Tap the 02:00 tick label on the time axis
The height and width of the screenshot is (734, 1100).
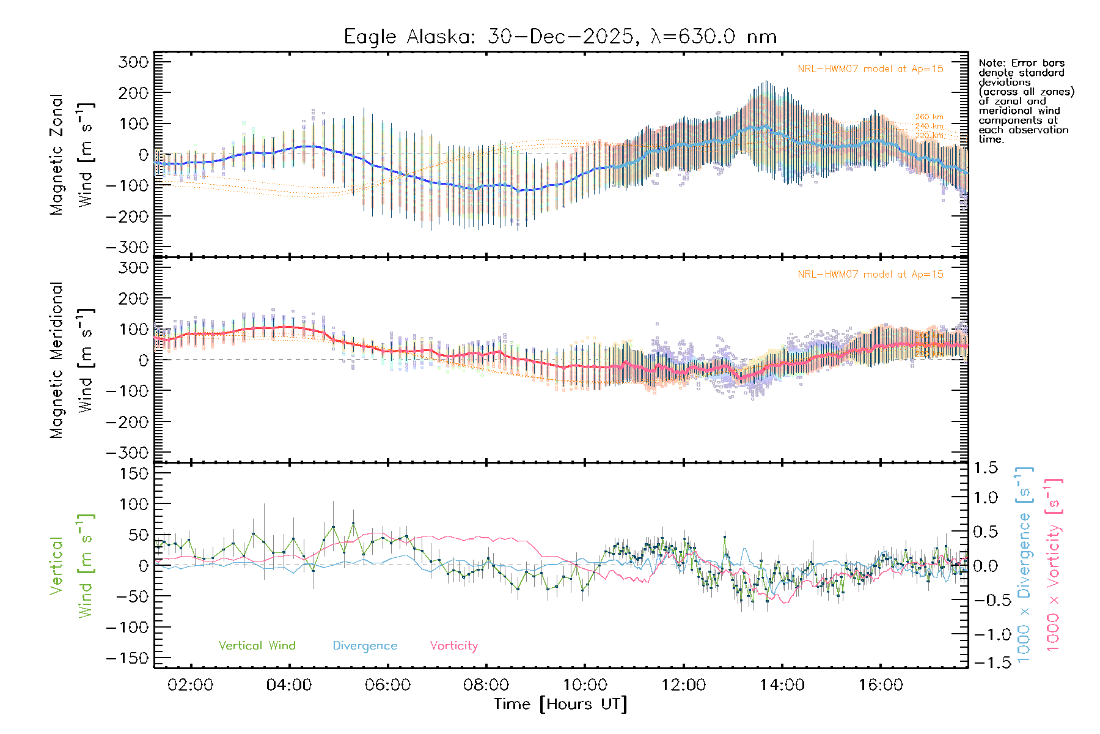pos(191,685)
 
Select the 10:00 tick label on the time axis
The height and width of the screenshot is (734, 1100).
pos(585,685)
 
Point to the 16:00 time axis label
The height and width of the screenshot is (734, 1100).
pos(881,685)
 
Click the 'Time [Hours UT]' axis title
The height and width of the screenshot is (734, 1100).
pos(560,705)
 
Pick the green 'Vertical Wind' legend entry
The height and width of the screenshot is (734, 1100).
pos(257,646)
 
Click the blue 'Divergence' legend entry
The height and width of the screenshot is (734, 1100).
pos(365,646)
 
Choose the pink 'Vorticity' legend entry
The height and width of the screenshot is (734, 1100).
pos(453,646)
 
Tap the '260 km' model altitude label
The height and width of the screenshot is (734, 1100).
pos(929,117)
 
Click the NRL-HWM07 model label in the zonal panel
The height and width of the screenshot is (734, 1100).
pos(870,69)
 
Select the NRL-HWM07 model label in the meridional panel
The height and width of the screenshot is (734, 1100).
pos(870,275)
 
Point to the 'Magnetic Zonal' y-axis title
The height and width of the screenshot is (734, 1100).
pos(57,155)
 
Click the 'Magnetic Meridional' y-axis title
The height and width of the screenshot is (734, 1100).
pos(57,360)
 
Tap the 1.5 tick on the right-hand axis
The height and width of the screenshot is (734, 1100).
pos(986,468)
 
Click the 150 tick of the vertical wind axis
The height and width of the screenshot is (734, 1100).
pos(134,473)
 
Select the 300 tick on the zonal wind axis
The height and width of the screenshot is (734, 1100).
pos(134,62)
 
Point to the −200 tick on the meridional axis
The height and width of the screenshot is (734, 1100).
pos(127,422)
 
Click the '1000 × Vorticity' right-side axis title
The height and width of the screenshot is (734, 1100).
pos(1054,564)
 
